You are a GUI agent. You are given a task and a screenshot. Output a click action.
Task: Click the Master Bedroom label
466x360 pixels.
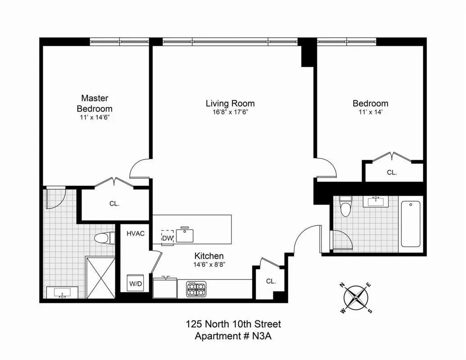click(x=94, y=103)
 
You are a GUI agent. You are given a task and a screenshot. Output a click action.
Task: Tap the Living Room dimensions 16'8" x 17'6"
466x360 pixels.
click(x=230, y=112)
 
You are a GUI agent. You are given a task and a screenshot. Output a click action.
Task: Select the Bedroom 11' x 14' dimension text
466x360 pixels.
click(x=370, y=112)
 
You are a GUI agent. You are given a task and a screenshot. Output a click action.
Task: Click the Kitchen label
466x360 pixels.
click(x=209, y=256)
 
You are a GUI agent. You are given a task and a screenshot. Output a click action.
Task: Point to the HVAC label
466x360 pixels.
click(x=135, y=234)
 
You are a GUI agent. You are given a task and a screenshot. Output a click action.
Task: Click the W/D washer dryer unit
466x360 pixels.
click(x=135, y=283)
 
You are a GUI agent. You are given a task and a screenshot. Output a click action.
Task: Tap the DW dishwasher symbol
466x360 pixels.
click(x=167, y=237)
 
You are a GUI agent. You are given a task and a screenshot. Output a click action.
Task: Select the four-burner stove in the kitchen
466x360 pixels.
click(x=196, y=289)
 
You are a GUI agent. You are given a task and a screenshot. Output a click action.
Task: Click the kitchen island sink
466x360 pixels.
click(x=185, y=234)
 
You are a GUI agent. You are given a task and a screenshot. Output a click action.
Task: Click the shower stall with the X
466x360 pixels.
click(x=100, y=277)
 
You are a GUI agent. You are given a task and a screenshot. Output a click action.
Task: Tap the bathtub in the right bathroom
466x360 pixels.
click(x=410, y=224)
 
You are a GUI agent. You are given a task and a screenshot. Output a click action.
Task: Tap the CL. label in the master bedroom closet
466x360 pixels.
click(x=114, y=203)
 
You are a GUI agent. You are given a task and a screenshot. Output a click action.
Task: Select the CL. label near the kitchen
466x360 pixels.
click(x=270, y=281)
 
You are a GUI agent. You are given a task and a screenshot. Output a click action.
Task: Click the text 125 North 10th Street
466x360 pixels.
click(x=233, y=324)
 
